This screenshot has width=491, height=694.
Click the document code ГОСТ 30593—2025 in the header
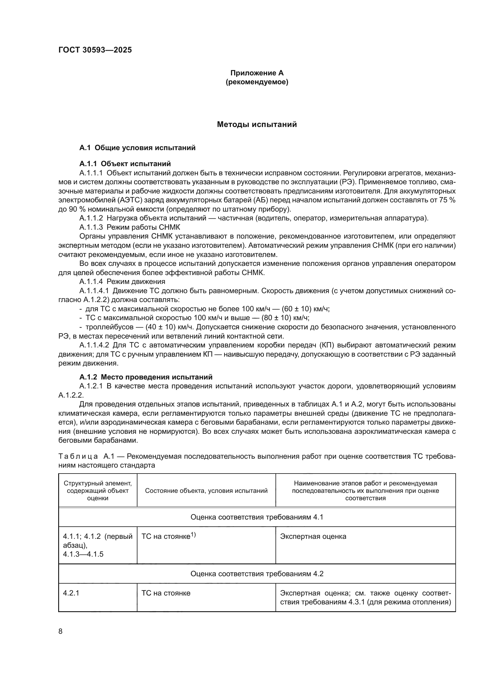[x=95, y=50]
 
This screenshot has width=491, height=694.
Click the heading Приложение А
[x=257, y=73]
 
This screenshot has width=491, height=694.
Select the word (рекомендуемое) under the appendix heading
[x=257, y=82]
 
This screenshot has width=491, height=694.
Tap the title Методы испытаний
[x=257, y=125]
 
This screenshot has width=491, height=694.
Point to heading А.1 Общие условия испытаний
[x=137, y=148]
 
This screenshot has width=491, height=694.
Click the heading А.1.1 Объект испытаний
[x=125, y=164]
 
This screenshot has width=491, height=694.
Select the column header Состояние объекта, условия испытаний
[x=206, y=490]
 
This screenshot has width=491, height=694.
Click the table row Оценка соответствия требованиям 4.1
[x=257, y=517]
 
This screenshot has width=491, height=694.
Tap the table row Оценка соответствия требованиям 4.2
[x=257, y=574]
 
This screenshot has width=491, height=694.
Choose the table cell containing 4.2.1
[x=71, y=593]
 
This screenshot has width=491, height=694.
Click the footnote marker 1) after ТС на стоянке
[x=193, y=535]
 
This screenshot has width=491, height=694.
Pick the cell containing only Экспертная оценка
[x=313, y=536]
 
